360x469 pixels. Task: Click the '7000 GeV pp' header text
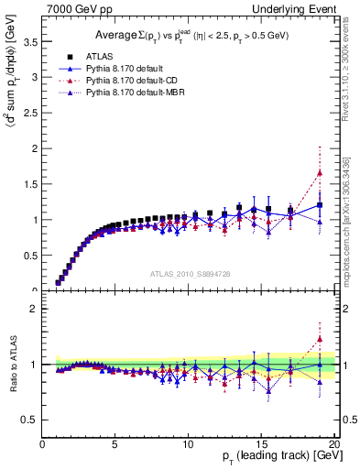pos(75,8)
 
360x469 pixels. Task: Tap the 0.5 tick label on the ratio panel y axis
pos(32,420)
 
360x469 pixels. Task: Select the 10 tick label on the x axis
pos(187,444)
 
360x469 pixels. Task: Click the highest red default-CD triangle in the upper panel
pos(319,172)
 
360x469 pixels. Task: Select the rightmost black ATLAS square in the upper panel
pos(319,204)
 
